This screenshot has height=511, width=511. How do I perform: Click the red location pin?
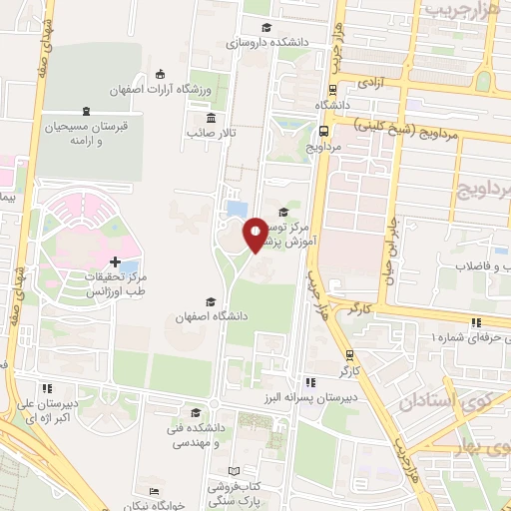tap(255, 235)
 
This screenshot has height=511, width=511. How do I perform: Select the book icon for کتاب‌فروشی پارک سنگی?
tap(235, 470)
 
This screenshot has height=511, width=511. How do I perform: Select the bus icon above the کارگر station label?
tap(348, 354)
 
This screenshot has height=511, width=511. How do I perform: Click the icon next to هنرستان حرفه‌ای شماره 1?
tap(476, 321)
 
